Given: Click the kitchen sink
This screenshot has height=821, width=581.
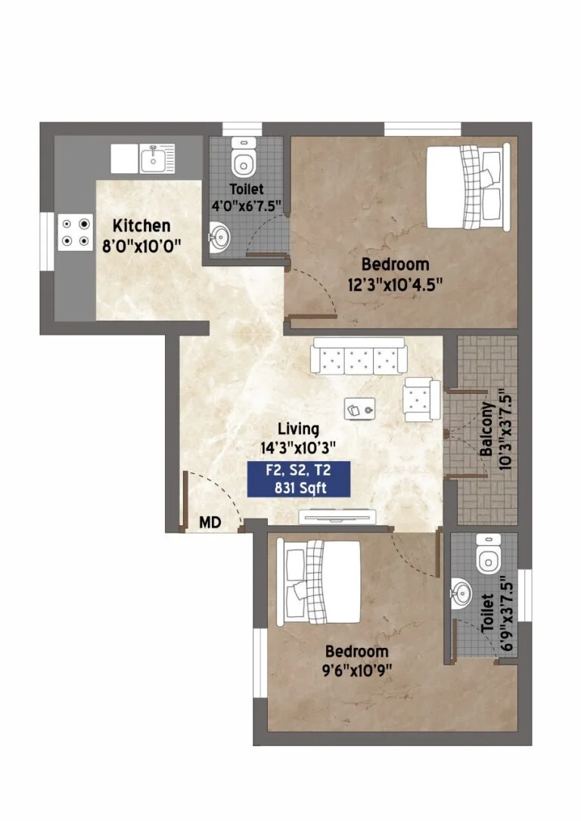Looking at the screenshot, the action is (157, 159).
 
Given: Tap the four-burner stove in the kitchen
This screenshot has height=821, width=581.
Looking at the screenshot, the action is (76, 233).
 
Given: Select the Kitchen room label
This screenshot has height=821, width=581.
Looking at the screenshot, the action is (141, 226).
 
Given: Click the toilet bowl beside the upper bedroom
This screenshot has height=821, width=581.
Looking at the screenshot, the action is (244, 157).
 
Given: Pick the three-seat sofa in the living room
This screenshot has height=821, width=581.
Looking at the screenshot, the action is (359, 355).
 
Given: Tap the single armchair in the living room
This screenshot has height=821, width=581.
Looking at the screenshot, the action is (421, 399).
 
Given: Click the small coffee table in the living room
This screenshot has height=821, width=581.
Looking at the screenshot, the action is (360, 408).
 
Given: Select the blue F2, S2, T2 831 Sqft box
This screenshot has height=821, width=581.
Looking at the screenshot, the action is (299, 479).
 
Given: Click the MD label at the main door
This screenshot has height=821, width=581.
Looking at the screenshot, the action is (210, 522).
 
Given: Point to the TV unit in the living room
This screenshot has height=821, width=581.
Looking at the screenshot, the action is (337, 516).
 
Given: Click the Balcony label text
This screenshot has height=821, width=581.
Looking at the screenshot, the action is (486, 429).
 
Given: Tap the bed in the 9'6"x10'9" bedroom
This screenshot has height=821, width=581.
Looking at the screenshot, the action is (318, 581).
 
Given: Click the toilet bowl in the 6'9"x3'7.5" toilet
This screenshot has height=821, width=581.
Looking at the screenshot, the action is (489, 554).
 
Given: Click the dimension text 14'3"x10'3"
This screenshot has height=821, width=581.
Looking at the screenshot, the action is (298, 448).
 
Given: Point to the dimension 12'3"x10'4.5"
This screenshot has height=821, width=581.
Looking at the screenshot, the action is (395, 284).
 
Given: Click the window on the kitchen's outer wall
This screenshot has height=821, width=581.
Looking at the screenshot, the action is (47, 241).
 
